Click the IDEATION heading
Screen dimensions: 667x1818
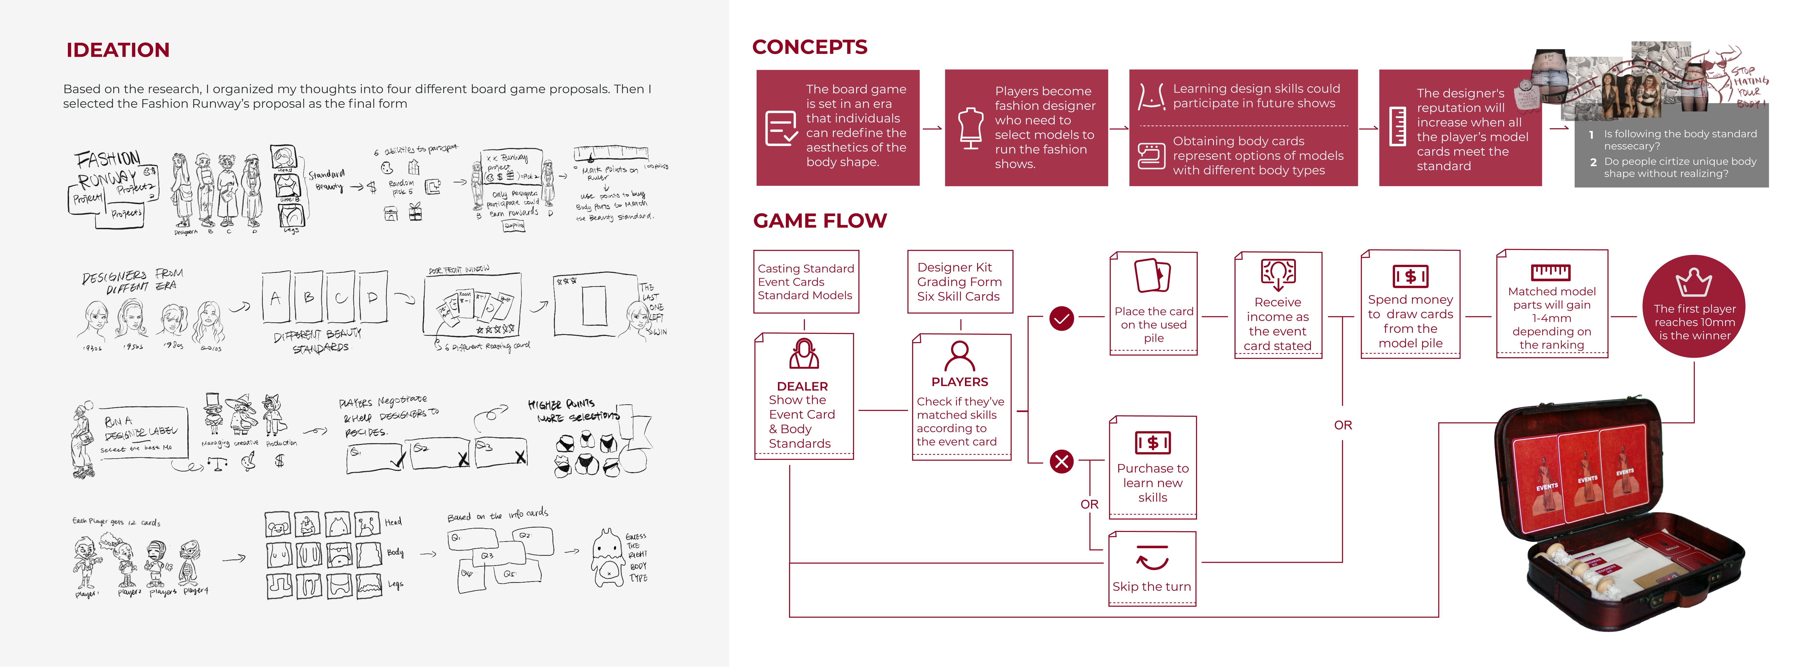point(118,50)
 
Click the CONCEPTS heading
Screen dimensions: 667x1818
point(809,47)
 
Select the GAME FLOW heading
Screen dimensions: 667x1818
point(819,221)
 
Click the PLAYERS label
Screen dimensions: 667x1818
point(960,382)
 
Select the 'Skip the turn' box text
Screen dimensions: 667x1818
point(1152,586)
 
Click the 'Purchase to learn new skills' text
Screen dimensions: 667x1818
point(1152,483)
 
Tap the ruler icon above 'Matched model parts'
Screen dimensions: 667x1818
point(1551,272)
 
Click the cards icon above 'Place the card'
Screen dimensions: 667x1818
point(1152,275)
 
